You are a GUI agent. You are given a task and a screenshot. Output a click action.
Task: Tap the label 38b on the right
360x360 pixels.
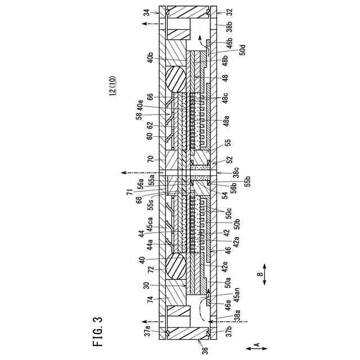[230, 29]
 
